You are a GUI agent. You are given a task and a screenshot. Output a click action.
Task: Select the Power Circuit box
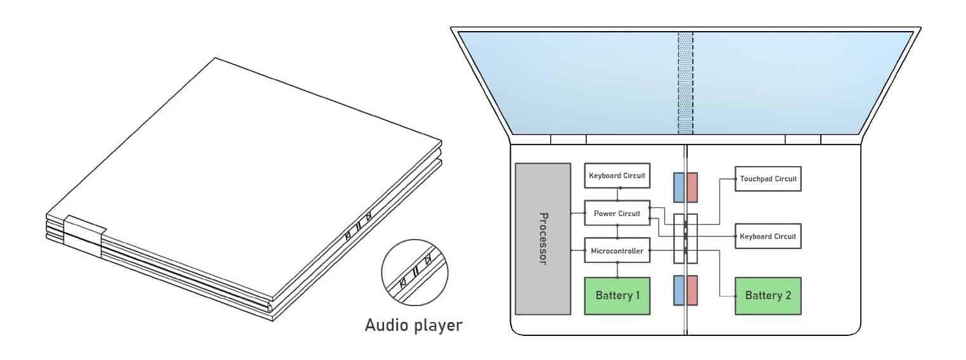617,214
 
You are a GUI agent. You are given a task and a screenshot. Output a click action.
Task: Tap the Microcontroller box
617,251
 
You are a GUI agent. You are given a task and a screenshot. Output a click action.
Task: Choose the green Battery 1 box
617,295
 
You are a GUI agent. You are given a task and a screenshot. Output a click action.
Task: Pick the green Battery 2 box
768,295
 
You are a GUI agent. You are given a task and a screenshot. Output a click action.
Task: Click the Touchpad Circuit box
768,179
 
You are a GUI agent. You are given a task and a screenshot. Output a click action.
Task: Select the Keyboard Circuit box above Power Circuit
617,175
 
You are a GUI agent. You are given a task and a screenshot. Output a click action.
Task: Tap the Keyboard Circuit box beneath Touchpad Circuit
768,236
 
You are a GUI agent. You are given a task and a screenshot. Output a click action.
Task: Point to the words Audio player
413,326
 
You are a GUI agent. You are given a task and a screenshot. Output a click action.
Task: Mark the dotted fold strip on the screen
685,82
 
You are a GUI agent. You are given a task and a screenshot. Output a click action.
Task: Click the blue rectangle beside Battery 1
678,290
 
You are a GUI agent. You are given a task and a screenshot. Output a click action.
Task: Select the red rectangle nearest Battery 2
692,290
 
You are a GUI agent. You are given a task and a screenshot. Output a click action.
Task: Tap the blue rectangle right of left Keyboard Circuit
678,188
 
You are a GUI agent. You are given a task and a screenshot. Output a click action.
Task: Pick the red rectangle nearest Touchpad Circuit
692,188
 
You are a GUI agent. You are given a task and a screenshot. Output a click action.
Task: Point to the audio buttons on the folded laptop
357,228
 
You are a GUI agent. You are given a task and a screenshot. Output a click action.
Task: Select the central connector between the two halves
685,239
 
